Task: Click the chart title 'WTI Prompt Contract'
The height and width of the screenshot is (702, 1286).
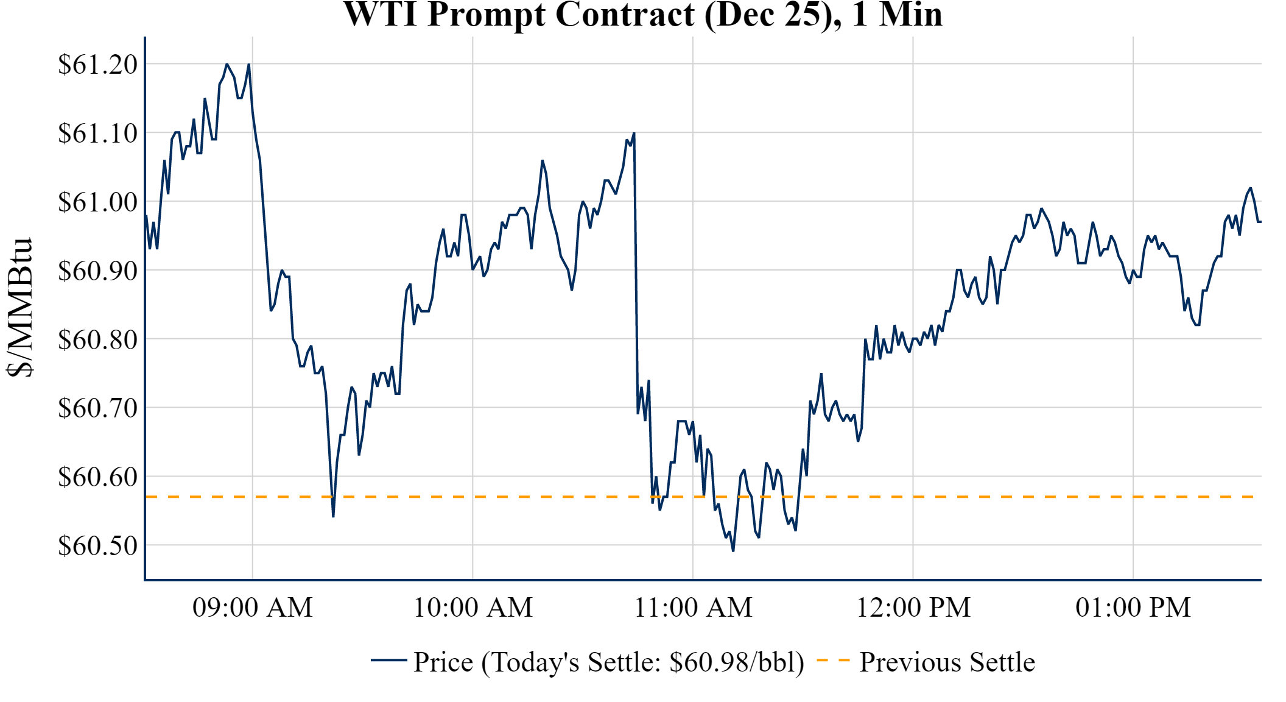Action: pos(642,15)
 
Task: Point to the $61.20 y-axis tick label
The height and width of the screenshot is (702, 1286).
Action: pos(98,65)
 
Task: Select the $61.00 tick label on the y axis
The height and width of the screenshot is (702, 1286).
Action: pos(98,202)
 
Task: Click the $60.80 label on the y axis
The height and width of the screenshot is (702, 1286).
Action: pos(98,340)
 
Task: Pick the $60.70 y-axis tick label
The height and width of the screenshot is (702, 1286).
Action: pos(98,408)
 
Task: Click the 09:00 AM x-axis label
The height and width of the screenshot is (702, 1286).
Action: pos(253,608)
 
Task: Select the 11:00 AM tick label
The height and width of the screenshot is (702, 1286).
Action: pos(693,608)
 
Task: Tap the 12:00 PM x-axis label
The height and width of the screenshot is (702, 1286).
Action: pos(913,608)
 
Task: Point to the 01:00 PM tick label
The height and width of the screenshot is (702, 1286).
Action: pos(1133,608)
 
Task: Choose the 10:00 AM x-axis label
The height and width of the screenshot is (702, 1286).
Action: pos(473,608)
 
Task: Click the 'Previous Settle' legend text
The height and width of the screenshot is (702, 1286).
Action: pos(947,662)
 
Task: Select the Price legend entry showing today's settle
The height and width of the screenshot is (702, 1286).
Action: pos(608,662)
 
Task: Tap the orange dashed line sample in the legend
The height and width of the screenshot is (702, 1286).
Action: pos(832,661)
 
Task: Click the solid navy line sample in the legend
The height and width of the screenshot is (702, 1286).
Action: pos(388,661)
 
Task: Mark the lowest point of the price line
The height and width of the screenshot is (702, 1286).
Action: pos(733,551)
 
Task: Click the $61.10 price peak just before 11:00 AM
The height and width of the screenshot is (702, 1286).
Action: pos(634,133)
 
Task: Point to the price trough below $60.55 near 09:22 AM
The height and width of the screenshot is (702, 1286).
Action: pos(333,517)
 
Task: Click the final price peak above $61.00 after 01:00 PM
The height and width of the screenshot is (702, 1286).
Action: pos(1250,188)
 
